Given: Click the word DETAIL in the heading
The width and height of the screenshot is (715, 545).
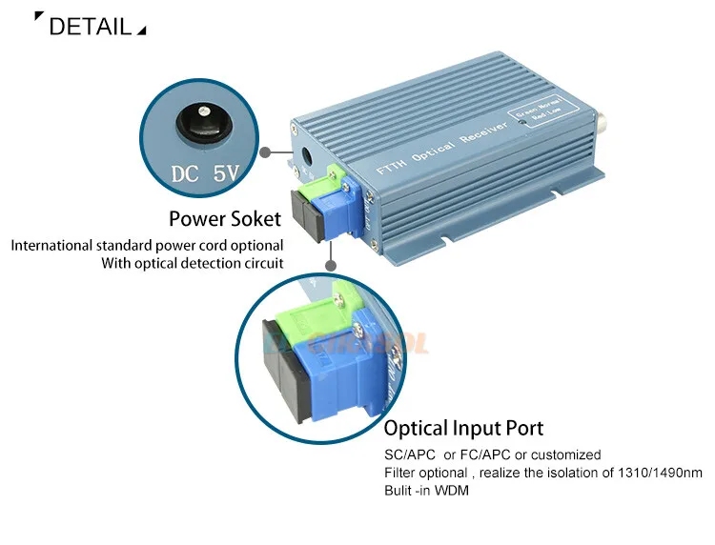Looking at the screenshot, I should [x=90, y=26].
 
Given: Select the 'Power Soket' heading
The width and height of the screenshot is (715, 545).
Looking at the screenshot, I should [x=225, y=220].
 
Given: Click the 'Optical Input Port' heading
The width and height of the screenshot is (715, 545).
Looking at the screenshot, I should [x=463, y=428].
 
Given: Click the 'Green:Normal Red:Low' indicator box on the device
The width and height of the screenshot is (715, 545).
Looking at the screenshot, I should [x=538, y=115].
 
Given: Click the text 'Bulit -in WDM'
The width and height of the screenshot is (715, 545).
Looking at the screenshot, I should [x=426, y=491].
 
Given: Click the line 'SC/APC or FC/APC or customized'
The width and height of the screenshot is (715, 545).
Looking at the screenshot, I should [x=492, y=454].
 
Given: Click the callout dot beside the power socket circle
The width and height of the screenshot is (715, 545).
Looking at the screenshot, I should [x=270, y=151].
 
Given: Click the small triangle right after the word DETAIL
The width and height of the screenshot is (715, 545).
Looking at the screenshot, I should [x=142, y=31].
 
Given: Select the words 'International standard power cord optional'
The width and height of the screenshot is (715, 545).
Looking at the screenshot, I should [x=147, y=246].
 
